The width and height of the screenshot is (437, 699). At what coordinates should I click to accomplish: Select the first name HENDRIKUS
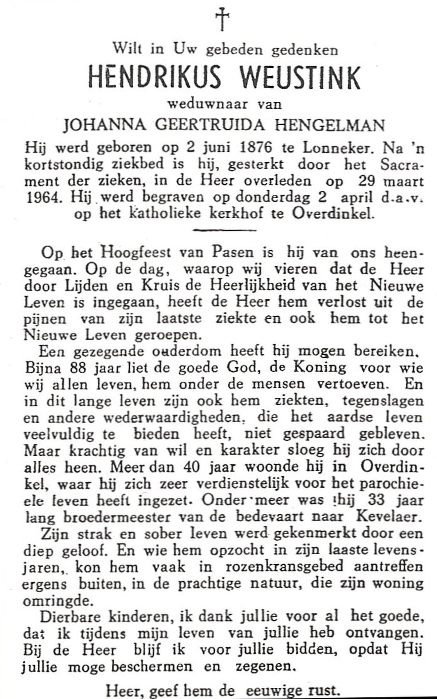pyautogui.click(x=155, y=78)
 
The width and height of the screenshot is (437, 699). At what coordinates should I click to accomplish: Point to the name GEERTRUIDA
pyautogui.click(x=210, y=125)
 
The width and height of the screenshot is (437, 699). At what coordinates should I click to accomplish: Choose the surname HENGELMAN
pyautogui.click(x=330, y=125)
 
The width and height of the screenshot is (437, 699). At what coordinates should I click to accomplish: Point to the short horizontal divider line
pyautogui.click(x=224, y=230)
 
